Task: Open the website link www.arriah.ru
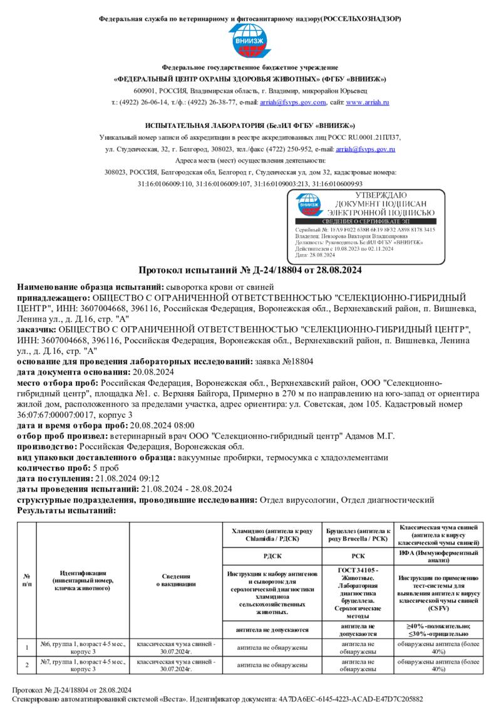pos(368,102)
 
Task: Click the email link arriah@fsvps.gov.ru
pos(366,149)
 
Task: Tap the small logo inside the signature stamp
pos(309,204)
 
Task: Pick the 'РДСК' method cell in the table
pos(272,555)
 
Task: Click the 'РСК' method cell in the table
pos(358,555)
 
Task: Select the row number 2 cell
pos(27,665)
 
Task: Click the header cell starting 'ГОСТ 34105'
pos(358,593)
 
